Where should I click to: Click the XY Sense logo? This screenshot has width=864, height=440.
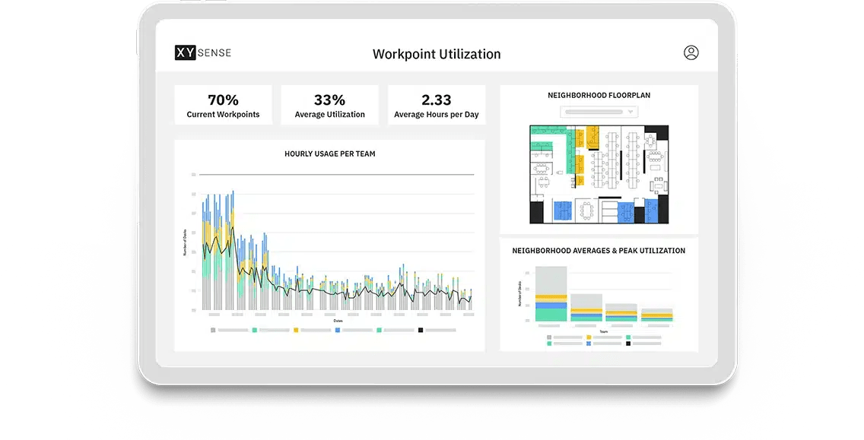203,53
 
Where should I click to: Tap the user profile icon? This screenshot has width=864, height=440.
691,52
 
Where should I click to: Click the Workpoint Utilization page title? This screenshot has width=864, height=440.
437,54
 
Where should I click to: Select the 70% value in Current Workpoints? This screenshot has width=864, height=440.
223,100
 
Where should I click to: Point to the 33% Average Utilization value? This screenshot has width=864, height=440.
329,100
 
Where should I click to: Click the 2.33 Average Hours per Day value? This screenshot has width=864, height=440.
436,100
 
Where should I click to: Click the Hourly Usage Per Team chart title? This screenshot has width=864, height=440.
329,154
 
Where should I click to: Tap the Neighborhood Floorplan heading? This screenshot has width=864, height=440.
599,96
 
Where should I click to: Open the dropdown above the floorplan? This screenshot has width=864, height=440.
599,112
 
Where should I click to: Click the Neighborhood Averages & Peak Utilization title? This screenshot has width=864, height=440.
599,251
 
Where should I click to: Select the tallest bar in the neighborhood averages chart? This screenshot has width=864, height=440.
551,294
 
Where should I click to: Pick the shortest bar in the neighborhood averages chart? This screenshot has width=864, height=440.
656,315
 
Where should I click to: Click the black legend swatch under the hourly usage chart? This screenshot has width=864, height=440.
421,331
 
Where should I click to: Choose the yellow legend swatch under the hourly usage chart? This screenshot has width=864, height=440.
296,331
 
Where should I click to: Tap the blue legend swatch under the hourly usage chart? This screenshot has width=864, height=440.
338,331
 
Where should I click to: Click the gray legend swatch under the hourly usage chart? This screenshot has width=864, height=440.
213,331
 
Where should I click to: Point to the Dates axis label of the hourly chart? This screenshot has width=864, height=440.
338,321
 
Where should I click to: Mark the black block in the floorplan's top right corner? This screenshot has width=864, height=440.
662,131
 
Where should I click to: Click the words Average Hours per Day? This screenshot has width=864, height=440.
436,115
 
